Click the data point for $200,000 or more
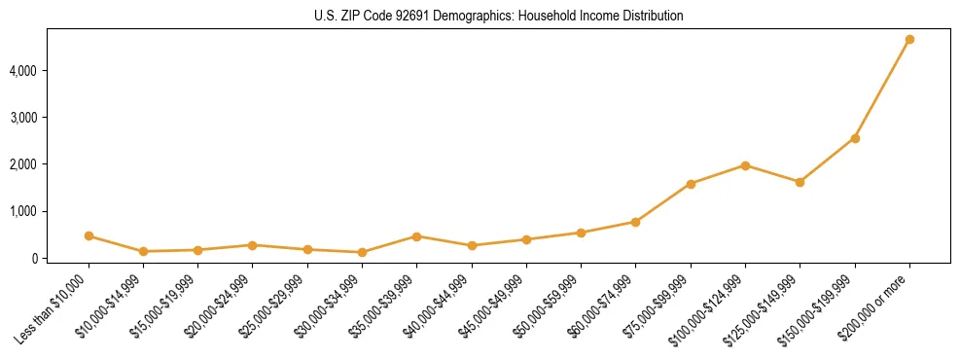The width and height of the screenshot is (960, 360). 909,40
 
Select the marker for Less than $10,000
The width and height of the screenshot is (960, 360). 89,235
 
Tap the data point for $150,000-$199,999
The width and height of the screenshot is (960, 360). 855,138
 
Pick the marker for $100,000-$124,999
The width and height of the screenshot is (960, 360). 745,165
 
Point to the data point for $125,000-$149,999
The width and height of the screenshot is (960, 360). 800,182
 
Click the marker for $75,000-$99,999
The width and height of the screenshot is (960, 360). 691,184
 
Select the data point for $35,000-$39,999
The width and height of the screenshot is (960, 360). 416,236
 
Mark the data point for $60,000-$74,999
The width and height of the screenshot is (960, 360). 635,222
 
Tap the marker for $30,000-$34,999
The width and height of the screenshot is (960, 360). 362,252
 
